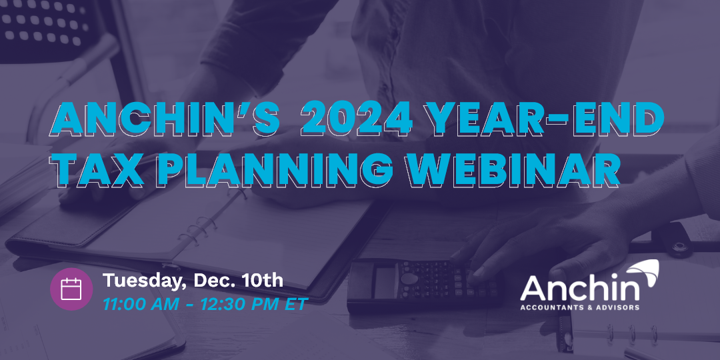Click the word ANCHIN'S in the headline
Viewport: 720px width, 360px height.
(x=166, y=118)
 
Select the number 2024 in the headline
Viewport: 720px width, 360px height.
(x=357, y=118)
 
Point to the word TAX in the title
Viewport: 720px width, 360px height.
(x=99, y=170)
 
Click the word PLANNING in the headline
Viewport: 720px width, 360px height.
(x=275, y=170)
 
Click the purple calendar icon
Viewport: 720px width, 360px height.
(x=71, y=289)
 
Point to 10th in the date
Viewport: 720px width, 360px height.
(x=262, y=280)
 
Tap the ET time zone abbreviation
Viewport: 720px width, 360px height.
(x=296, y=305)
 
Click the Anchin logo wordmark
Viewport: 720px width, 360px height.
(x=579, y=288)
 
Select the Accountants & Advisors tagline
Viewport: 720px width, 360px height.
(x=579, y=307)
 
